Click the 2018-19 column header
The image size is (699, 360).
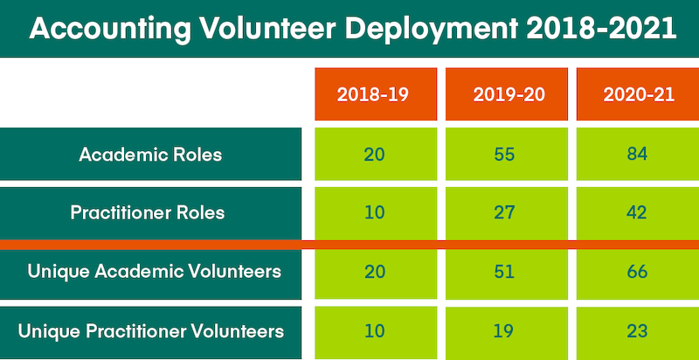(374, 93)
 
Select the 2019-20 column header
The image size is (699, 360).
(509, 93)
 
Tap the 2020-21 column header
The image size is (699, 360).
(638, 93)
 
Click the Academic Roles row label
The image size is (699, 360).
(150, 155)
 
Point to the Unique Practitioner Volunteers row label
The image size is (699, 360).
(151, 331)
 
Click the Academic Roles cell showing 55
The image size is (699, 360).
(505, 155)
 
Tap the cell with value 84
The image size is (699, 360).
(636, 155)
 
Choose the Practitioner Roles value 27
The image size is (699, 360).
(505, 212)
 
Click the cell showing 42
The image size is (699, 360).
(636, 212)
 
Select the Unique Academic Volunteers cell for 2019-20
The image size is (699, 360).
(505, 272)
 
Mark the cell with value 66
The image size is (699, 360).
(636, 272)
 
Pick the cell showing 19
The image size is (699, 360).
(505, 331)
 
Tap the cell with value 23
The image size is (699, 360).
(636, 331)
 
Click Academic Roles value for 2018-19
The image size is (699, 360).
(374, 155)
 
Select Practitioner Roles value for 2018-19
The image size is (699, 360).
(374, 212)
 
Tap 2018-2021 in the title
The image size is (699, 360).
(602, 29)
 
